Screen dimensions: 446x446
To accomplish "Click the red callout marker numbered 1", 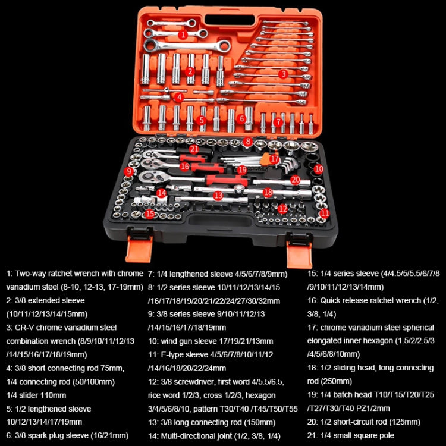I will coord(183,34).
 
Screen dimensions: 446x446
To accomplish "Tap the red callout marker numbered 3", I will coord(284,74).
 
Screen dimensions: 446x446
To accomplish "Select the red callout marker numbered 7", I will coord(278,121).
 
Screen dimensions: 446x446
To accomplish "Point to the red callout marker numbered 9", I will coord(129,171).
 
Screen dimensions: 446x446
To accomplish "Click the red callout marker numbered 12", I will coord(282,209).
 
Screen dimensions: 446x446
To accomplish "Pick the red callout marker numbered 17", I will coord(274,159).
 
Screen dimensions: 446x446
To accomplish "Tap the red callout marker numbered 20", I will coord(295,179).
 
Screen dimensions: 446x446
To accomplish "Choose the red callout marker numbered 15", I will coord(150,212).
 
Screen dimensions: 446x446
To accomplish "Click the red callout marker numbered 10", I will coord(319,169).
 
